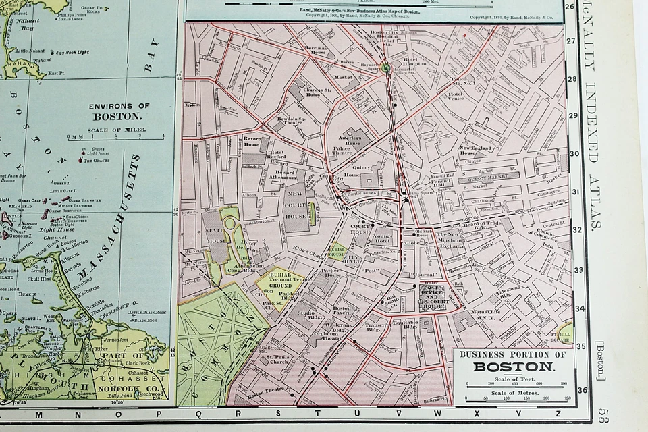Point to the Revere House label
point(252,141)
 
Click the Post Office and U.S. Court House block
point(430,295)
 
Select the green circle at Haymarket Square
point(385,67)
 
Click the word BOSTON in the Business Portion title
point(514,367)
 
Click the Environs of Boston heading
point(120,111)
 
